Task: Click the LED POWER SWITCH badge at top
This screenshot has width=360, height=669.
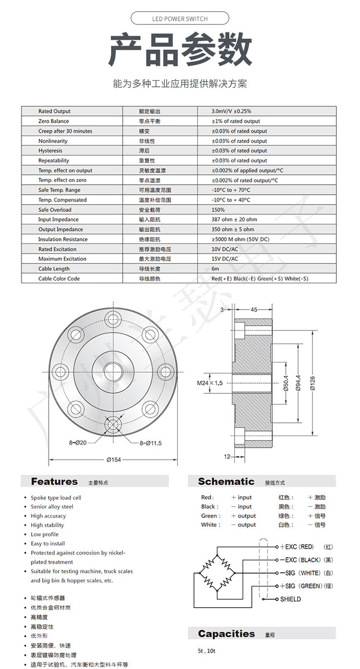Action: pos(180,19)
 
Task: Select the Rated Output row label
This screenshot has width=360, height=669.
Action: pos(54,111)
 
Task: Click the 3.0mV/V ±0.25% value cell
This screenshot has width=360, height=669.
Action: pos(231,111)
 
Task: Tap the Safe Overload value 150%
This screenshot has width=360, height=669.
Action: pos(218,210)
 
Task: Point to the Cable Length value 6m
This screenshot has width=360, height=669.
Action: pos(215,269)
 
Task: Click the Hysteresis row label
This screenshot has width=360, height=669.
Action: pos(50,151)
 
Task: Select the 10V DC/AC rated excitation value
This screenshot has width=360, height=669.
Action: pos(224,249)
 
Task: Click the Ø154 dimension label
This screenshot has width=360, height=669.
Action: pos(113,460)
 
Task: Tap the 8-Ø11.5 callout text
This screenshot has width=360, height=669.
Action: pos(151,443)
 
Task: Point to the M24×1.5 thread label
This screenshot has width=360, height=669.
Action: pos(210,383)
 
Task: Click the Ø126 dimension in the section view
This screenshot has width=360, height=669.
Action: pos(312,383)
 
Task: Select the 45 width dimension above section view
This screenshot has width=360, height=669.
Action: pos(254,310)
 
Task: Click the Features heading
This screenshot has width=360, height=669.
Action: pos(54,481)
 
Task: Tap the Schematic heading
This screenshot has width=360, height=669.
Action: pos(226,481)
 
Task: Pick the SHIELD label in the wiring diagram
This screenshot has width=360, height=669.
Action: pos(290,599)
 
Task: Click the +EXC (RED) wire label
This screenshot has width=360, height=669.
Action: pos(299,547)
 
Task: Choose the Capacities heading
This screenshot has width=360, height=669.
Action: pos(226,633)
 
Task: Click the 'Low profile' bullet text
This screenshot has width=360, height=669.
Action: pos(45,534)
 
